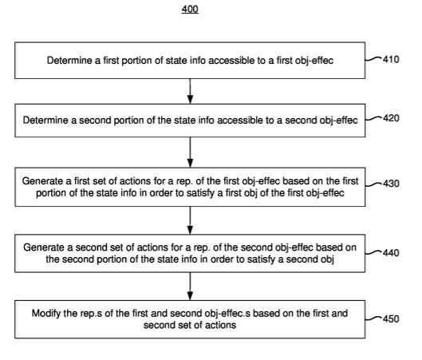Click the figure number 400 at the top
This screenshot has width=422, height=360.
pyautogui.click(x=190, y=10)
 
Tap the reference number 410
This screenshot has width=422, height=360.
pyautogui.click(x=391, y=60)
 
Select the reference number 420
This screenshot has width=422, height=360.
pyautogui.click(x=391, y=118)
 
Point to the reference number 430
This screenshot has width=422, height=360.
pyautogui.click(x=391, y=184)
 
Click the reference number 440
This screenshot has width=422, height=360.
pyautogui.click(x=391, y=253)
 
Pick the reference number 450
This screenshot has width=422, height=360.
pyautogui.click(x=391, y=318)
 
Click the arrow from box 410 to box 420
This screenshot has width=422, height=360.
pyautogui.click(x=190, y=91)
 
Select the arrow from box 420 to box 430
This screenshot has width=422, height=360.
pyautogui.click(x=190, y=152)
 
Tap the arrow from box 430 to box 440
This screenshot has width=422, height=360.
pyautogui.click(x=190, y=220)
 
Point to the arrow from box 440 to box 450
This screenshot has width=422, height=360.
pyautogui.click(x=190, y=287)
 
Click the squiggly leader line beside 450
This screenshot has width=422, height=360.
pyautogui.click(x=373, y=318)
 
